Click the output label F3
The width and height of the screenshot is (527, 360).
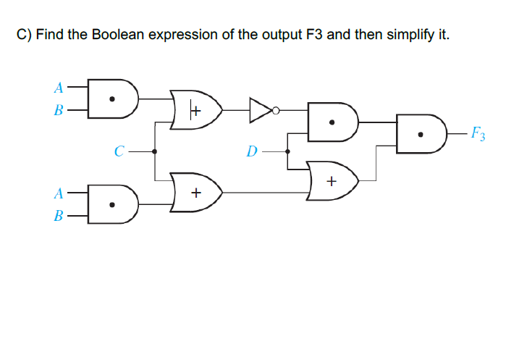pos(478,133)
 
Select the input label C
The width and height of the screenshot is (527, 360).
pos(120,151)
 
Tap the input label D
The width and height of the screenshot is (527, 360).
pos(251,151)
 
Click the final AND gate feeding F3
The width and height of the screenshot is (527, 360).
pos(419,133)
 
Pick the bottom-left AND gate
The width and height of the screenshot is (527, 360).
pos(112,204)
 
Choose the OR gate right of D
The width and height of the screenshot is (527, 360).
pos(332,180)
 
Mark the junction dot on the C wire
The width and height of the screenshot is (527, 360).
pos(155,151)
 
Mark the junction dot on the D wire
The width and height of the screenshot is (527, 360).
pos(288,151)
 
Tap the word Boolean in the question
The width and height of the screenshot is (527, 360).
pos(117,35)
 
